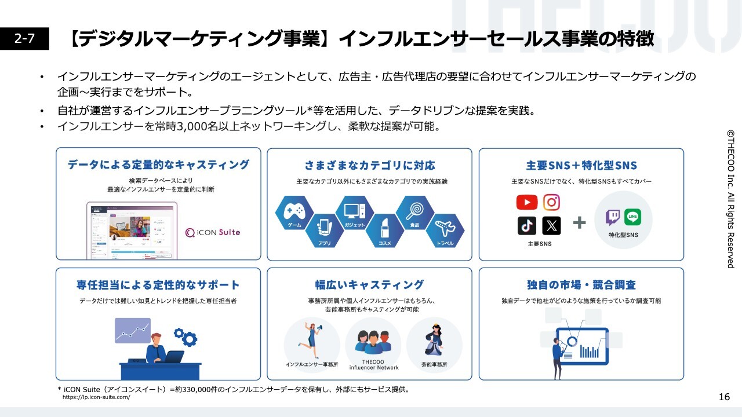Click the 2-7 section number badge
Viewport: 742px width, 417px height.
pos(24,39)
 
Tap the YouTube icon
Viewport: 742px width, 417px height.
pos(526,202)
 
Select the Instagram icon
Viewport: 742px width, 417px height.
pos(551,202)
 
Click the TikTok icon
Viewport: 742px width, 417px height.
pos(526,225)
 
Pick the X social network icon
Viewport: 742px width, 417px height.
pos(551,225)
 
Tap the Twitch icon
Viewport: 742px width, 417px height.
pos(612,217)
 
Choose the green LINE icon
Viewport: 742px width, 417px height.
pos(634,217)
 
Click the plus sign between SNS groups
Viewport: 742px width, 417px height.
pos(579,222)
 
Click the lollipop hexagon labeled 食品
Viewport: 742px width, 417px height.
pos(415,213)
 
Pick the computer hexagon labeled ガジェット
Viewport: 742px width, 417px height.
pos(355,213)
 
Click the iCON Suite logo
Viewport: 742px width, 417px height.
pos(212,232)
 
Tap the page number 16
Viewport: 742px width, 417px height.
pos(724,397)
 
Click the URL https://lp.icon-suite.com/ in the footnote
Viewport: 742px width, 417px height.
pos(96,397)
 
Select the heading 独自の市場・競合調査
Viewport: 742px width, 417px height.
pos(581,285)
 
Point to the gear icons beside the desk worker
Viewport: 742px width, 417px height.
pos(185,336)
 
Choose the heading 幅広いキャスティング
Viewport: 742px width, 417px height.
pos(369,285)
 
